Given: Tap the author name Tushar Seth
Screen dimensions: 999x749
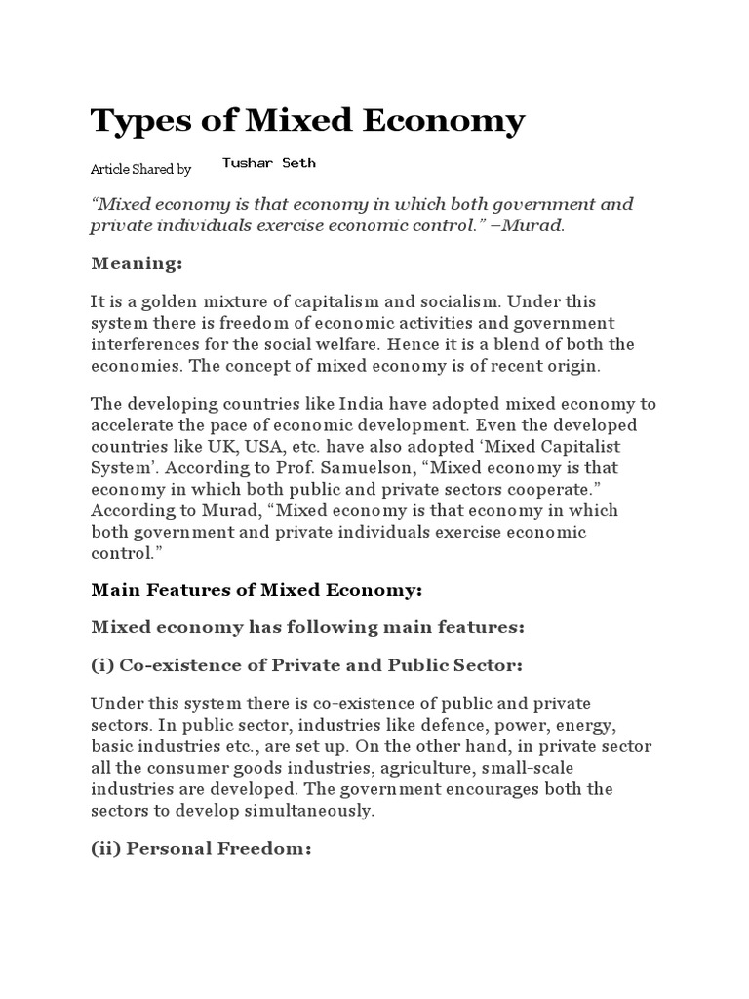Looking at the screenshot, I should tap(268, 163).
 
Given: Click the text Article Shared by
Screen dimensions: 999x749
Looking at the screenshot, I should tap(140, 169).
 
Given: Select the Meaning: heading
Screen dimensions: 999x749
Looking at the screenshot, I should tap(138, 263).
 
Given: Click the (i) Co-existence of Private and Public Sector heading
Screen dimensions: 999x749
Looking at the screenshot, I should tap(307, 664).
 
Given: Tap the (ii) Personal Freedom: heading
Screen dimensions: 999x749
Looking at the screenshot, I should tap(201, 849).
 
